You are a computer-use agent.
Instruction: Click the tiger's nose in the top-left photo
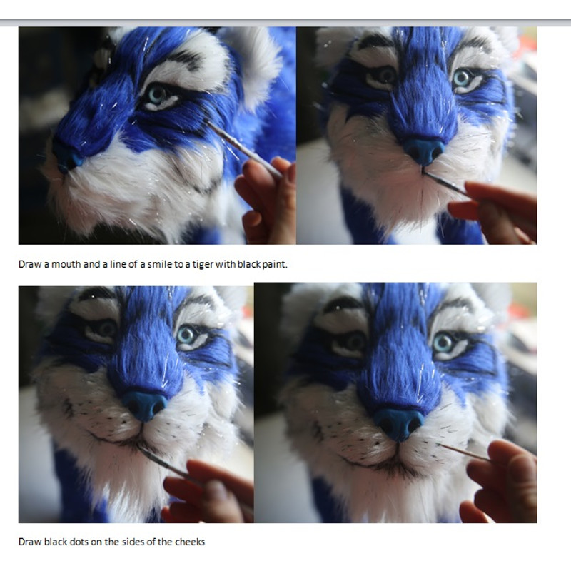coord(66,156)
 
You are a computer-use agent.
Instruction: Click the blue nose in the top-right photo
coord(424,151)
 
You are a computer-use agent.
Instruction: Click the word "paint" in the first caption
coord(275,264)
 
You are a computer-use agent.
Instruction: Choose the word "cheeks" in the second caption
coord(190,542)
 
